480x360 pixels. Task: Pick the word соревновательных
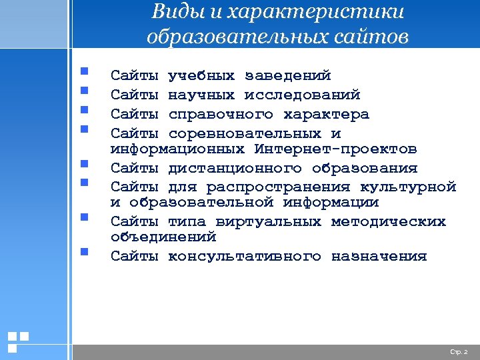[244, 133]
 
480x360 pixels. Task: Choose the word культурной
[407, 187]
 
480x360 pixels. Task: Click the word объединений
[163, 236]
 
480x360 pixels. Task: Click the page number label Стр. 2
[459, 351]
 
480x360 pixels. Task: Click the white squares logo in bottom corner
[17, 341]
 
